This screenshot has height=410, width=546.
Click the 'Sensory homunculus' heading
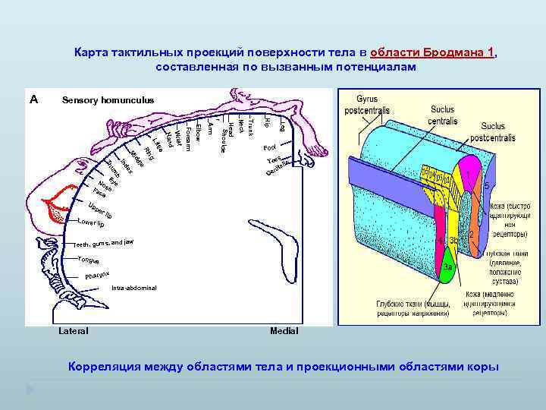pos(108,100)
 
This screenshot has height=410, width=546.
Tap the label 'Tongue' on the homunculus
pos(89,260)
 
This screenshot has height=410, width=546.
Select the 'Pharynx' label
pos(98,273)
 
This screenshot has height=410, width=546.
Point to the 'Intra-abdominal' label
pos(133,289)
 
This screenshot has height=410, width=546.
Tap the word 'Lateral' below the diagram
pos(73,331)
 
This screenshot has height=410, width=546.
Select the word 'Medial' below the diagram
pos(284,331)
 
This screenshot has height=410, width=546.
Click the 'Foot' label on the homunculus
pos(269,147)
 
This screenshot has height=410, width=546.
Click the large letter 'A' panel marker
pos(33,99)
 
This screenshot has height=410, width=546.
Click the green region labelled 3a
pos(448,267)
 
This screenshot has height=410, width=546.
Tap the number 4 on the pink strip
pos(441,241)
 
